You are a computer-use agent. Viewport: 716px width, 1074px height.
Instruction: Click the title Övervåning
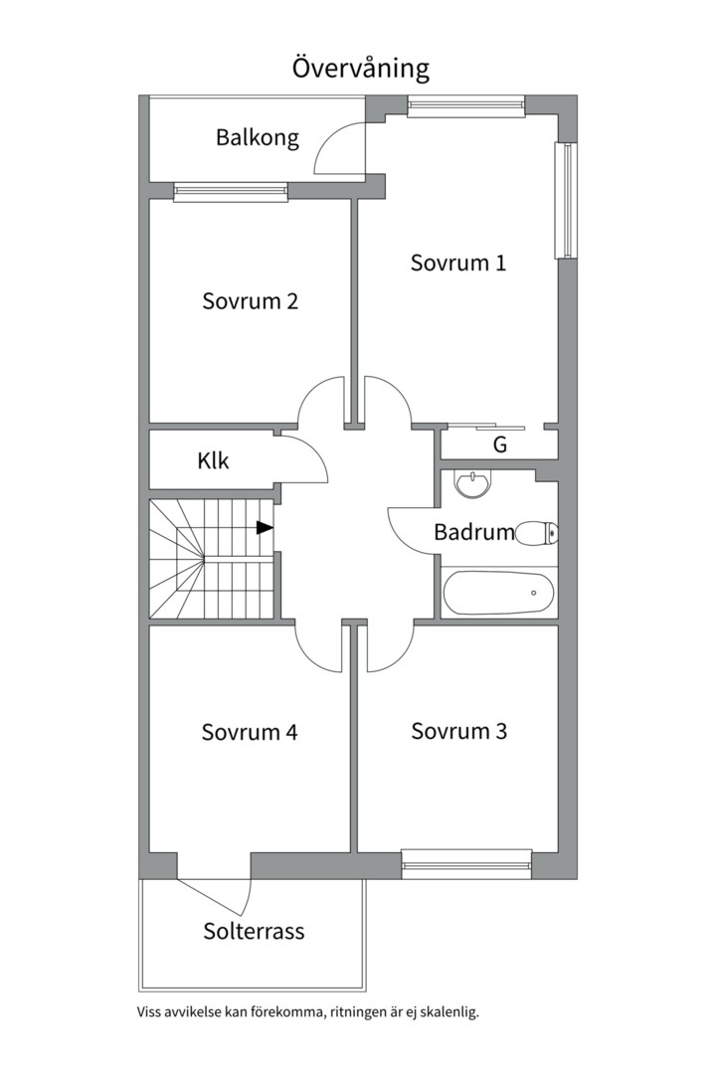coord(360,69)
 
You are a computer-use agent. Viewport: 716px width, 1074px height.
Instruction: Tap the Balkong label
coord(258,137)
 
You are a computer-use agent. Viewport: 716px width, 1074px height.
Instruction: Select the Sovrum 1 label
coord(457,263)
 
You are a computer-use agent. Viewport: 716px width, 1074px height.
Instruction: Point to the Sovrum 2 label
coord(250,301)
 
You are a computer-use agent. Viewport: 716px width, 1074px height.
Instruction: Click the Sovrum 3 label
coord(459,732)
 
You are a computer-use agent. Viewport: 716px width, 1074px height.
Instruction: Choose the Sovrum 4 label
coord(250,732)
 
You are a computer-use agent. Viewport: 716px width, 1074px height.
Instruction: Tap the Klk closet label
coord(213,460)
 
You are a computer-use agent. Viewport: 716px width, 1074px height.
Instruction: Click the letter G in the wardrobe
coord(500,446)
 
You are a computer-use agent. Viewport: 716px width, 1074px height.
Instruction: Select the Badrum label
coord(474,532)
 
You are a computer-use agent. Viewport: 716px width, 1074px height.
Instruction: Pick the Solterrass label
coord(254,932)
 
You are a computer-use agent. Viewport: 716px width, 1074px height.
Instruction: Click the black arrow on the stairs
coord(265,527)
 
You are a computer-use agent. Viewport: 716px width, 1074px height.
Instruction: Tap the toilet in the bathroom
coord(537,533)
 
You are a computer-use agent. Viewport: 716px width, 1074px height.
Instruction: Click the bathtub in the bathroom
coord(498,593)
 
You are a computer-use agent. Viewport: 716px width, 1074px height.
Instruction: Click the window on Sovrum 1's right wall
coord(566,201)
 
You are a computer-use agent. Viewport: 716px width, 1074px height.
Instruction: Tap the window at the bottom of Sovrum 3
coord(466,864)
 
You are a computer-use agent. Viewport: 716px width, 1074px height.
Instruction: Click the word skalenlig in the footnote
coord(451,1012)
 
